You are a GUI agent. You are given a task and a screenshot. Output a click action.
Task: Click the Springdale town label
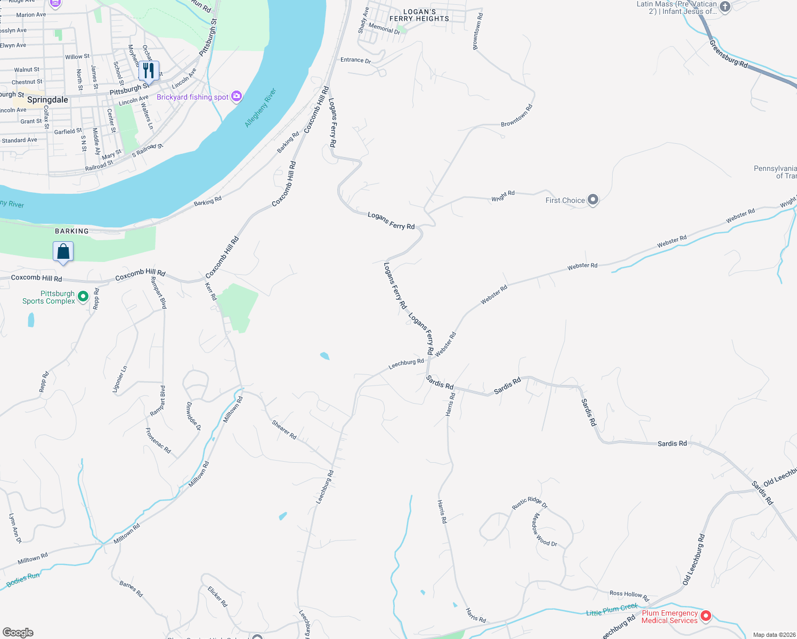click(x=47, y=100)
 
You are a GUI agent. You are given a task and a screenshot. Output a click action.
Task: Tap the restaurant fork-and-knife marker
click(x=149, y=71)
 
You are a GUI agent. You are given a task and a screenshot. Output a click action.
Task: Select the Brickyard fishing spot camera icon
click(x=237, y=96)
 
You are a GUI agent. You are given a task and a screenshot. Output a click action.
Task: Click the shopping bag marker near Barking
click(x=63, y=252)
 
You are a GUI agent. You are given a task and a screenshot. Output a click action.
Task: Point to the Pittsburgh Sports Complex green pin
click(x=83, y=296)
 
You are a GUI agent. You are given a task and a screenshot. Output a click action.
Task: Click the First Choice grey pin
click(x=593, y=200)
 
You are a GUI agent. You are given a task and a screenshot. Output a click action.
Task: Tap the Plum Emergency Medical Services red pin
click(x=706, y=616)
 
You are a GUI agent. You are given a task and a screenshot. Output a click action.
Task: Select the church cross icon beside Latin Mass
click(x=725, y=7)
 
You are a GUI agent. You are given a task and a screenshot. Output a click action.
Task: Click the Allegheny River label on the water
click(x=261, y=108)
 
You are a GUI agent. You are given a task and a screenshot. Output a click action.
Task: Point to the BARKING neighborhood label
click(x=72, y=231)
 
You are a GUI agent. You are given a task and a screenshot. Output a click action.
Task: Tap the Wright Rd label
click(x=503, y=196)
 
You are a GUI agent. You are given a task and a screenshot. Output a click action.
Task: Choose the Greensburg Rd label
click(x=728, y=54)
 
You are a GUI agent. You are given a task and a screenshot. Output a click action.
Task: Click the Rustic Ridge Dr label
click(x=530, y=503)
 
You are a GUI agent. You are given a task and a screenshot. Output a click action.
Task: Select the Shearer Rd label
click(x=284, y=429)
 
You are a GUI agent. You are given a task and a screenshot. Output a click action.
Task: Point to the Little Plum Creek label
click(x=612, y=610)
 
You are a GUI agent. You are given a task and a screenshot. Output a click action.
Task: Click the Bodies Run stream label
click(x=23, y=580)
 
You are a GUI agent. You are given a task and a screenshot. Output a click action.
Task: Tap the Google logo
click(x=18, y=632)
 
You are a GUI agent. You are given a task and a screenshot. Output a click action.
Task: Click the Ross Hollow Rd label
click(x=629, y=595)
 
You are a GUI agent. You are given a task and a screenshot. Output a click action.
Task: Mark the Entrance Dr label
click(x=355, y=60)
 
